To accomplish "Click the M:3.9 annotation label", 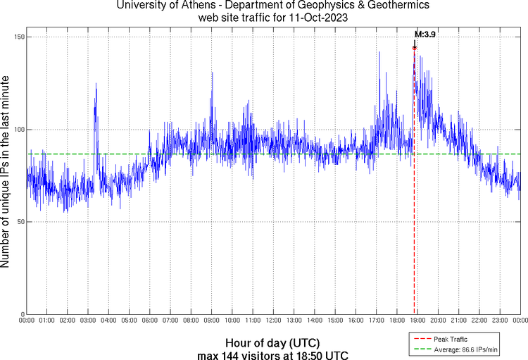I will [425, 34].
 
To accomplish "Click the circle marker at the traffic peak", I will [414, 48].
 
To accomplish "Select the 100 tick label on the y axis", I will [19, 130].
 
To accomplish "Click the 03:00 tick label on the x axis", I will [88, 321].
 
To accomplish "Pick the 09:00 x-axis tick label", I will [211, 321].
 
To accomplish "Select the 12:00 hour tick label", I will [273, 321].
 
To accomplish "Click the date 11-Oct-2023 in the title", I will [318, 17].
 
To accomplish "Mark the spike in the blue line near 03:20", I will [96, 84].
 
